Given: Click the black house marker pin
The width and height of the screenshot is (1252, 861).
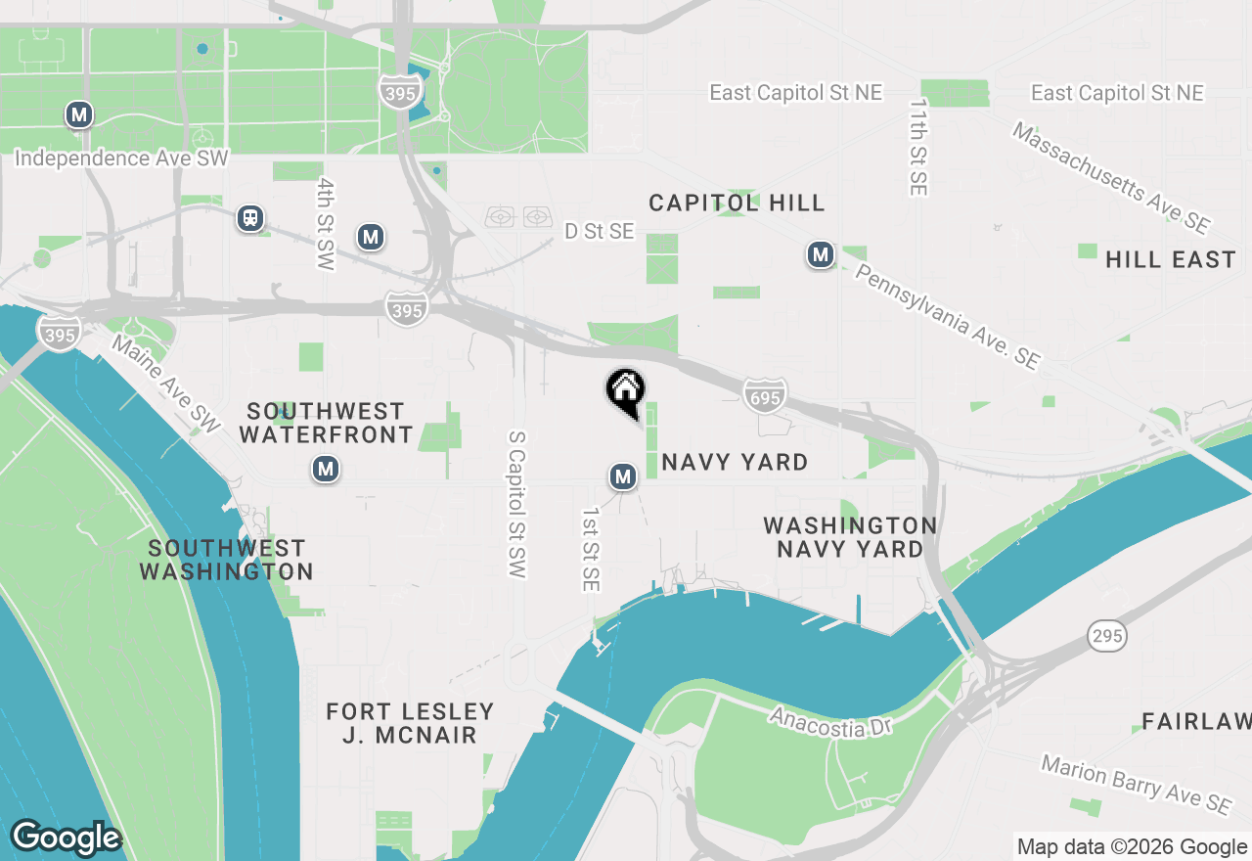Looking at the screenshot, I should tap(626, 392).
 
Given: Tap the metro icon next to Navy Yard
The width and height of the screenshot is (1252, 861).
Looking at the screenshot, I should tap(623, 476).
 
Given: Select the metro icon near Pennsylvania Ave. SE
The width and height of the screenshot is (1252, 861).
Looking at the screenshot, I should tap(820, 255).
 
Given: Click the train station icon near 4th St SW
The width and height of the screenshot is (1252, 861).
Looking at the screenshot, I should tap(250, 217).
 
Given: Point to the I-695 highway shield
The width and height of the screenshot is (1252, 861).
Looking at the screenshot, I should tap(764, 394).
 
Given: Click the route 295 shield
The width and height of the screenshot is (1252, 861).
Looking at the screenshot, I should tap(1106, 636).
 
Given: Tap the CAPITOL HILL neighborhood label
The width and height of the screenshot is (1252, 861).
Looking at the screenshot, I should tap(738, 203).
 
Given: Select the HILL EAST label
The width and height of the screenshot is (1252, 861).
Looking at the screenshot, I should tap(1170, 259).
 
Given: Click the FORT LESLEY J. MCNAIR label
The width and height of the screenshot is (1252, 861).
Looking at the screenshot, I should tap(410, 723).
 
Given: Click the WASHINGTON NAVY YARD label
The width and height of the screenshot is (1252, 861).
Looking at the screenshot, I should tap(850, 537).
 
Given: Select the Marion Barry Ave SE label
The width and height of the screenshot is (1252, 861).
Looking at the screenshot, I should tap(1135, 784).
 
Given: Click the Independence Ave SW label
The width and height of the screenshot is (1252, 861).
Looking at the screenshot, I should tap(121, 159).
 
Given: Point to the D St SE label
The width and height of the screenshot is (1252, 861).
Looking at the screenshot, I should tap(600, 231).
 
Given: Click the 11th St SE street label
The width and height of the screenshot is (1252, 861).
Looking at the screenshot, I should tap(917, 147).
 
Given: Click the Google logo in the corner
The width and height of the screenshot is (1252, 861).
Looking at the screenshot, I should tap(66, 838).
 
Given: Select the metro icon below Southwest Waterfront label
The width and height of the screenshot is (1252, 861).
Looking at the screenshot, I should tap(326, 469).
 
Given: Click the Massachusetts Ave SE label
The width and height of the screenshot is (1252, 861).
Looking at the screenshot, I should tap(1111, 177).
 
